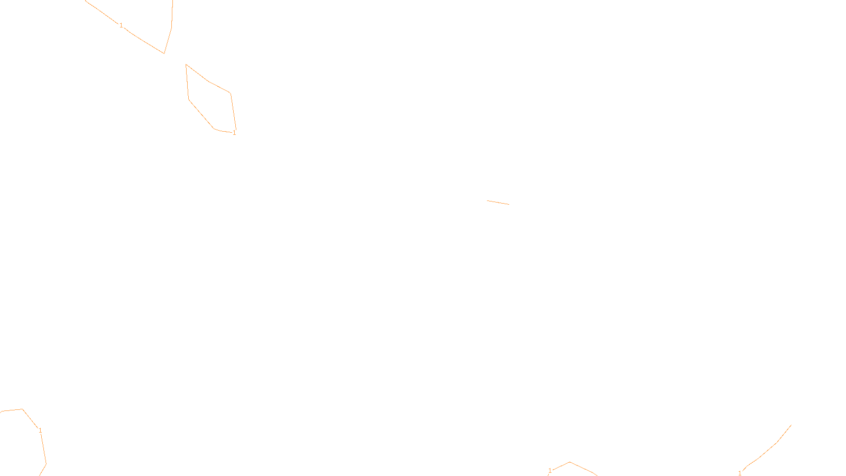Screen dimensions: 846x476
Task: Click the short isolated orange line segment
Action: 498,203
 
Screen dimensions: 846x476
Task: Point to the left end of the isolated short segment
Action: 488,201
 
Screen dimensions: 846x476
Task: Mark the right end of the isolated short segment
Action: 509,204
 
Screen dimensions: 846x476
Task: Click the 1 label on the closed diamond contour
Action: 234,133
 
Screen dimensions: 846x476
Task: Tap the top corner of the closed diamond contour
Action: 186,65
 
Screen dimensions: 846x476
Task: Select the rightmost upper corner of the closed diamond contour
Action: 230,94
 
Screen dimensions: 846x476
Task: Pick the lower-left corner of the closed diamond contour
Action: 189,99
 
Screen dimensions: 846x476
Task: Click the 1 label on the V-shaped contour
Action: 121,25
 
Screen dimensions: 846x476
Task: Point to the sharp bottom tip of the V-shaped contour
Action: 164,53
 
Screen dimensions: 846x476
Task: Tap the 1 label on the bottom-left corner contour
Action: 40,431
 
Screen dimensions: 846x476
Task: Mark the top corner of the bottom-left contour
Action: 22,409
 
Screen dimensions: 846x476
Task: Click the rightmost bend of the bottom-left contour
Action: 46,463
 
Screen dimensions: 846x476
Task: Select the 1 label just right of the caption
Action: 550,471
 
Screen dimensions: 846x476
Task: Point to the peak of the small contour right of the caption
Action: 569,462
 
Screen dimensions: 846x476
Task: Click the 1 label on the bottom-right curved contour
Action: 740,473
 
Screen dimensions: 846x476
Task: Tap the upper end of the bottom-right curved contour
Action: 791,425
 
